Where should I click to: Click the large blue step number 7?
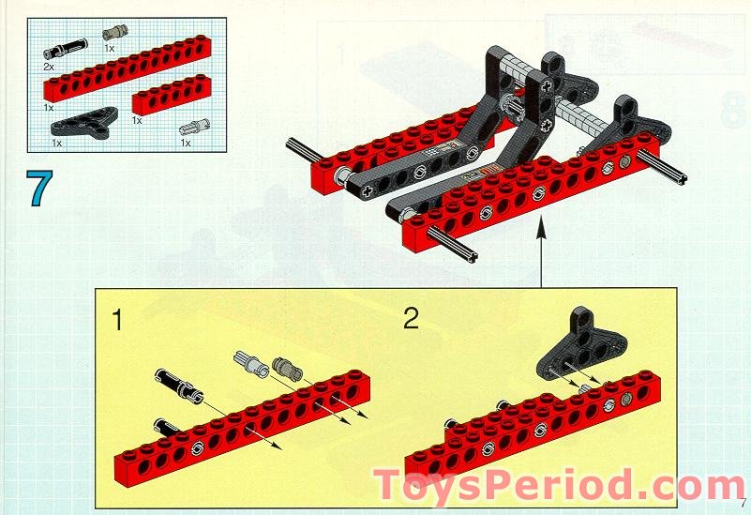pos(39,188)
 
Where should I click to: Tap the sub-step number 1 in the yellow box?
pos(117,320)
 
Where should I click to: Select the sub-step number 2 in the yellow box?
pos(411,318)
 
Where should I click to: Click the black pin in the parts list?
pos(66,49)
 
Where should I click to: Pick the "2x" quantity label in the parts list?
pos(49,67)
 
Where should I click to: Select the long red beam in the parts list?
pos(128,68)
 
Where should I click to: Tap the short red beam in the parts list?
pos(171,95)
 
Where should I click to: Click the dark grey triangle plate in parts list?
pos(84,123)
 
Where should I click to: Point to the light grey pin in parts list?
pos(194,128)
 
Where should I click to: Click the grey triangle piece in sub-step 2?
pos(581,343)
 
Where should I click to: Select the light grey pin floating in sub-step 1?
pos(251,364)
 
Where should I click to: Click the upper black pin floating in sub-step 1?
pos(179,385)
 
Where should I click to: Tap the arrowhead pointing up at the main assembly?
pos(541,227)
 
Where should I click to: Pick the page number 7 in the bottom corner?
pos(743,504)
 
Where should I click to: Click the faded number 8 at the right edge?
pos(733,111)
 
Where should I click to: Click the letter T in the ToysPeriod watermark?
pos(391,485)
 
